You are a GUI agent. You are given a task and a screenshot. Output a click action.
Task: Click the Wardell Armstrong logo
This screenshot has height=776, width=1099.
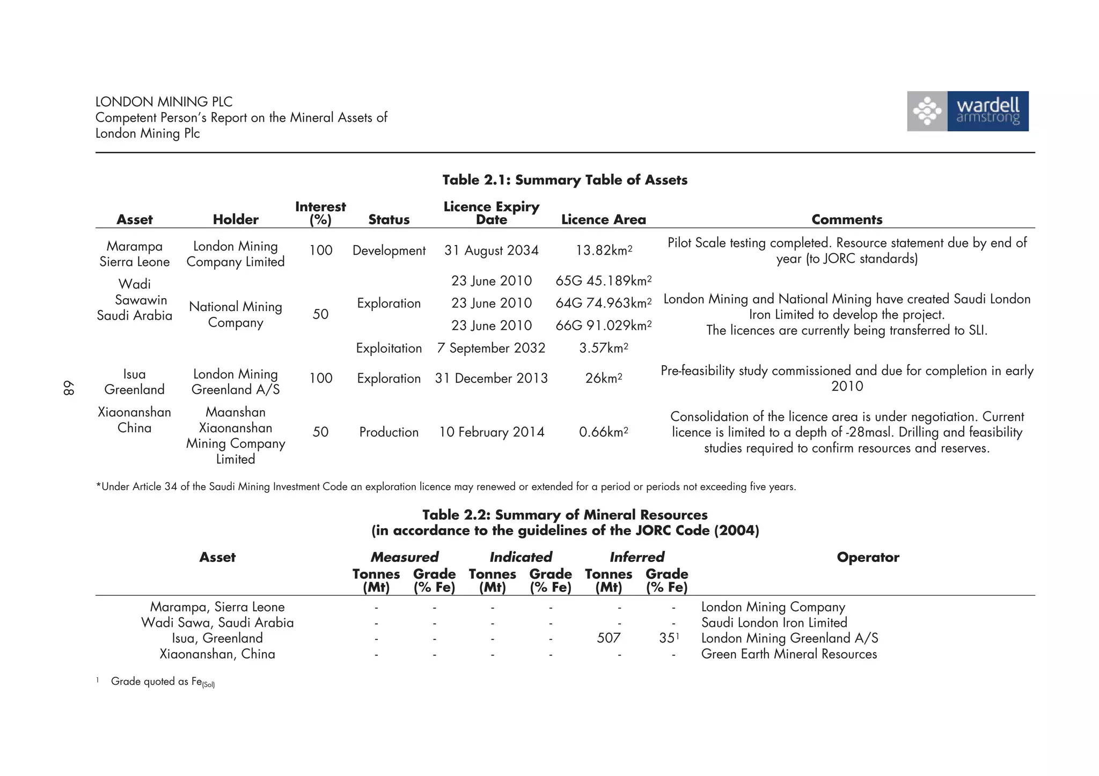click(x=968, y=111)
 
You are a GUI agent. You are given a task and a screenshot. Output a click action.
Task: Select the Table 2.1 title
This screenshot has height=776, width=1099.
click(x=565, y=180)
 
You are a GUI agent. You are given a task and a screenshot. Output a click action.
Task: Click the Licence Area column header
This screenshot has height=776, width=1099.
click(x=603, y=219)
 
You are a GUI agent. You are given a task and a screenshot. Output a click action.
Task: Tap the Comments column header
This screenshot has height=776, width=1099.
click(x=847, y=219)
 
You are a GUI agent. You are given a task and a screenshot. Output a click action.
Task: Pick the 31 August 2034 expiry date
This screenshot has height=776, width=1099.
click(x=491, y=250)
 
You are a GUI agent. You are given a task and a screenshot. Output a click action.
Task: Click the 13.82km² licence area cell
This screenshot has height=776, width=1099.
click(x=604, y=250)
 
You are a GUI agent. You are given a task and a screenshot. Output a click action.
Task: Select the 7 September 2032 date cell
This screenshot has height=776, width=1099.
click(x=491, y=348)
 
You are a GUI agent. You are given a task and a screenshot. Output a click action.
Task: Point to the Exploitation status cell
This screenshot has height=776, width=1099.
click(x=389, y=348)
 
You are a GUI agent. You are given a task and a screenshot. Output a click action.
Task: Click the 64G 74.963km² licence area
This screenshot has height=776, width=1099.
click(x=603, y=303)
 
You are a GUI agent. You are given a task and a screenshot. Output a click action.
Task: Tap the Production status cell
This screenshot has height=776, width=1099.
click(x=389, y=432)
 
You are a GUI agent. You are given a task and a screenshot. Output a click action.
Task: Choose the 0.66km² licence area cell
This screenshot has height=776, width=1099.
click(x=603, y=432)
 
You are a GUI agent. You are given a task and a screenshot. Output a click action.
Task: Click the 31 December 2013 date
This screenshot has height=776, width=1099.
click(x=491, y=378)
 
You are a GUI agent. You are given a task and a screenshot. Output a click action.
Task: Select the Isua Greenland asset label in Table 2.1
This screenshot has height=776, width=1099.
click(x=134, y=381)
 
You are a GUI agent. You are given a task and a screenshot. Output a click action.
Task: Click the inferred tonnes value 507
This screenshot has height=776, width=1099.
click(x=609, y=638)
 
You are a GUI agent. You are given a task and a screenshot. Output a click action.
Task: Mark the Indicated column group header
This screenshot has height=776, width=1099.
click(x=521, y=557)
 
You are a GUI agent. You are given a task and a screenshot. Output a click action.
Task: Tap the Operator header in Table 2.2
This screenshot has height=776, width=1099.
click(x=868, y=557)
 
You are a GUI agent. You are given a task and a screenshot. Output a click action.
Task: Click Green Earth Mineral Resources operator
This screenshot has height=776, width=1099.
click(x=789, y=654)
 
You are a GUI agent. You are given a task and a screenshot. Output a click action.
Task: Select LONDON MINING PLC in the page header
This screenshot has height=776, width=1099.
click(x=164, y=101)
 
